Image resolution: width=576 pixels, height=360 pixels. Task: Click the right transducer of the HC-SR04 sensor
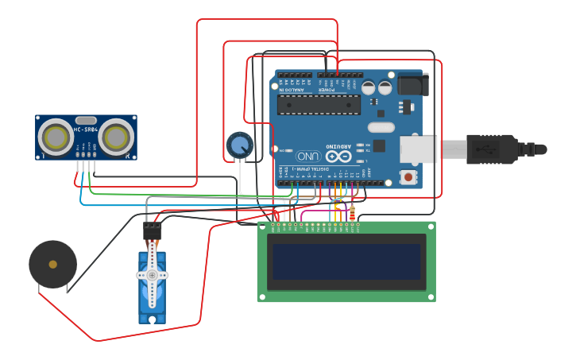(x=116, y=137)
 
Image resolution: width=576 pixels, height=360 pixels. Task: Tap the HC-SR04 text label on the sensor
(x=86, y=130)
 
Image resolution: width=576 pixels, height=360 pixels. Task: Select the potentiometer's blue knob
(x=239, y=145)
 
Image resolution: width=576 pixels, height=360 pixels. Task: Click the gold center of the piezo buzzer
(x=52, y=264)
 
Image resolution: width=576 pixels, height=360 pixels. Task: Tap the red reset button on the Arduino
(x=408, y=176)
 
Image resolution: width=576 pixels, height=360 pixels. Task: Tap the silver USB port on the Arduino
(x=418, y=149)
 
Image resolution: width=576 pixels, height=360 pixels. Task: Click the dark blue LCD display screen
(x=346, y=261)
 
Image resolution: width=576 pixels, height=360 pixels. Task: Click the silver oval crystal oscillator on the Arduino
(x=381, y=127)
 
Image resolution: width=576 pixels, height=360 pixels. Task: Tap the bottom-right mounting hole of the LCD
(x=431, y=298)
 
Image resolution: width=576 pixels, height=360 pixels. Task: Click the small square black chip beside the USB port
(x=379, y=145)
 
